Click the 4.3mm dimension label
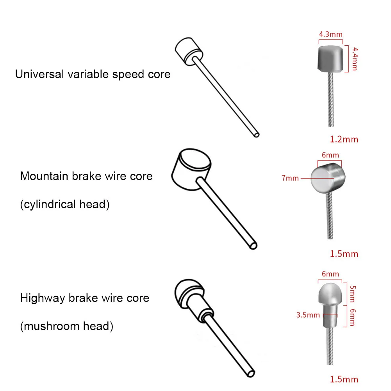330,34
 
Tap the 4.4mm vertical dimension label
355,59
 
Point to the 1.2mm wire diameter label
344,139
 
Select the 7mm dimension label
290,179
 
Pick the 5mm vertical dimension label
353,293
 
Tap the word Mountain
44,176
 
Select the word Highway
42,298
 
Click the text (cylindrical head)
64,204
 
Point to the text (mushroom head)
66,326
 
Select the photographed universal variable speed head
330,59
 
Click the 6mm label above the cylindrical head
330,155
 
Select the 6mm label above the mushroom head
330,274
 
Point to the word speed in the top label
129,74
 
